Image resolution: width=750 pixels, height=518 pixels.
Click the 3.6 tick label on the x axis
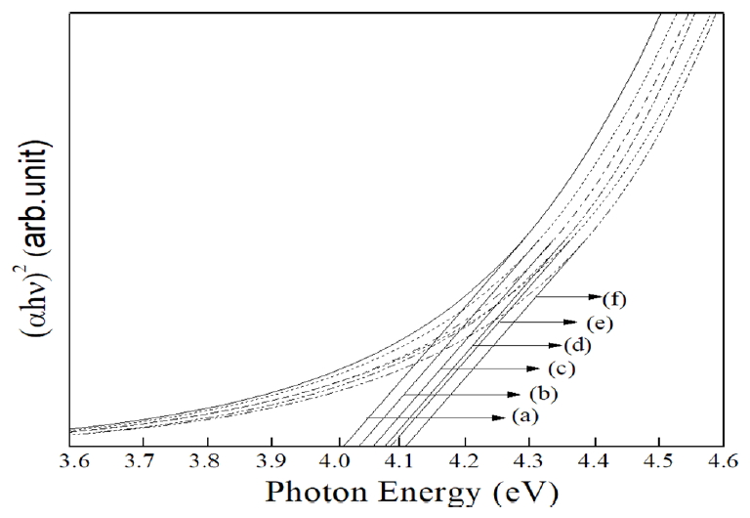coord(71,456)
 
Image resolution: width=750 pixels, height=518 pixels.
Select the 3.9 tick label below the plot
coord(271,456)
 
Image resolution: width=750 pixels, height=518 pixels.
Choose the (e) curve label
coord(599,322)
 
